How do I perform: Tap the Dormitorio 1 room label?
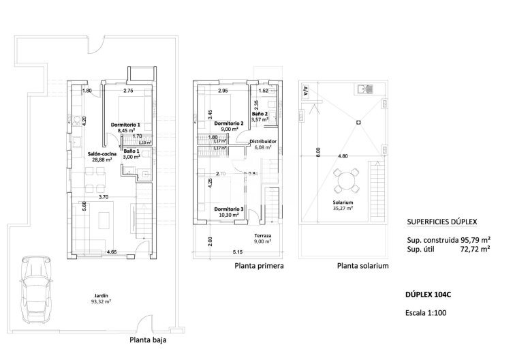tap(125, 125)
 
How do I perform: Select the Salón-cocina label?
tap(102, 155)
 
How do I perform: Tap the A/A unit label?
tap(305, 90)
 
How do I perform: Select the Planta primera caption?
tap(258, 267)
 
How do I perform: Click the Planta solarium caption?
tap(362, 267)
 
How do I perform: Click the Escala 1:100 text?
tap(426, 313)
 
